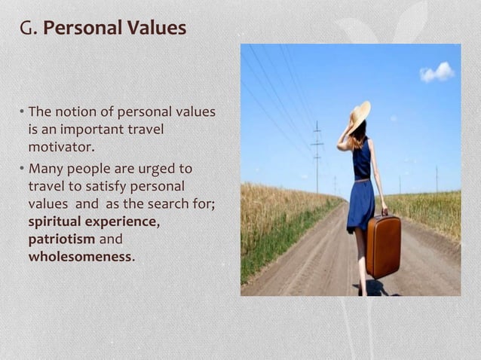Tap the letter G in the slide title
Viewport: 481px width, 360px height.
[26, 29]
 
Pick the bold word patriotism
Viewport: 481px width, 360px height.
[62, 239]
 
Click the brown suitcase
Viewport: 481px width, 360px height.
[383, 246]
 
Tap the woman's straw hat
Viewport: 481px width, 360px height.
[360, 115]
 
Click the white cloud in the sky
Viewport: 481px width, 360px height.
[437, 72]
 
